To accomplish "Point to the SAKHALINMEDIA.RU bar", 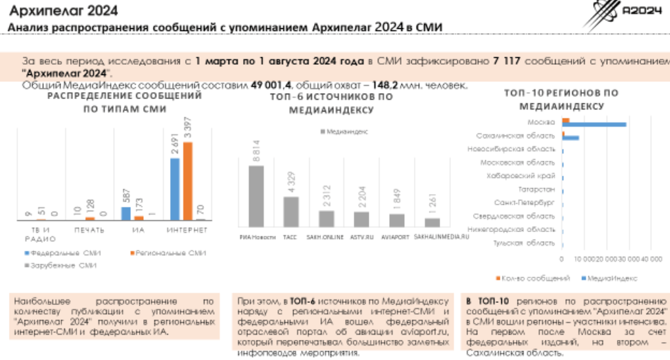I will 432,222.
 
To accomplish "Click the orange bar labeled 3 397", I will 188,180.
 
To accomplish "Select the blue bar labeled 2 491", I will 175,189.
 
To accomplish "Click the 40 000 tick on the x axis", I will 641,260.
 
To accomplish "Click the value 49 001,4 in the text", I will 273,85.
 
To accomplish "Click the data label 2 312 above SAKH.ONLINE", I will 326,197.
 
